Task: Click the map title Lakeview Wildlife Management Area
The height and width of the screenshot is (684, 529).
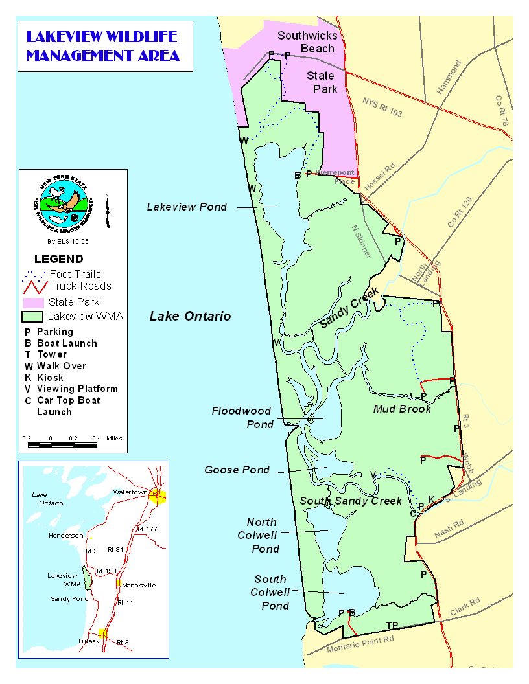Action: click(103, 45)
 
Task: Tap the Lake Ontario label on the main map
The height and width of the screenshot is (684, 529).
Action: click(190, 316)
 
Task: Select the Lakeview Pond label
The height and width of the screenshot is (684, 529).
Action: click(187, 207)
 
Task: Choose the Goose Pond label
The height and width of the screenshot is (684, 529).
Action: click(237, 470)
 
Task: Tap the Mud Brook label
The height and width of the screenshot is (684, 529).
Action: click(402, 409)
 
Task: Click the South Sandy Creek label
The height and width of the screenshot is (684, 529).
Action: click(351, 501)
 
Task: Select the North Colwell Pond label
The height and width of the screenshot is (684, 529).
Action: click(263, 535)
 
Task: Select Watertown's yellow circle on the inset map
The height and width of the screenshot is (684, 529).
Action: click(158, 496)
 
